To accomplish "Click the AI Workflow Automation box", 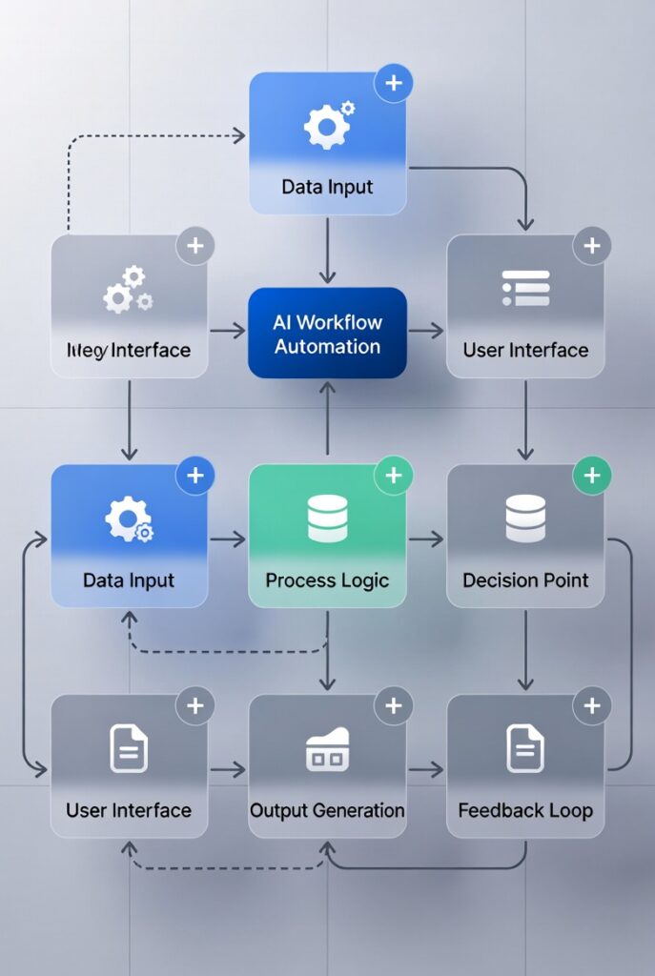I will [x=327, y=335].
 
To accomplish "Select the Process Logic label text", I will [x=327, y=579].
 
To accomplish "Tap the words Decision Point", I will [x=525, y=579].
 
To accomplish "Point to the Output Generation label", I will [x=327, y=810].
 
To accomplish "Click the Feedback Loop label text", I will [x=525, y=810].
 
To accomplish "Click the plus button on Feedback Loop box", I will [x=592, y=706].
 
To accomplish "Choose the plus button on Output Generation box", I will [x=393, y=706].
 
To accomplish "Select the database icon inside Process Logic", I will [x=327, y=518].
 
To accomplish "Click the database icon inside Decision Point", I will [x=525, y=518].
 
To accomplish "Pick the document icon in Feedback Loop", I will [x=525, y=748].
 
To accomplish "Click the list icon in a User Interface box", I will [x=525, y=288].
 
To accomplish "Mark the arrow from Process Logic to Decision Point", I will [x=426, y=539].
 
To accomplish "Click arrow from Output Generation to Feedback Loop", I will [x=426, y=769].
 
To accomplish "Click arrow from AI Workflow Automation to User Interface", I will [x=426, y=331].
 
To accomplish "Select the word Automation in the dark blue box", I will [x=327, y=346].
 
